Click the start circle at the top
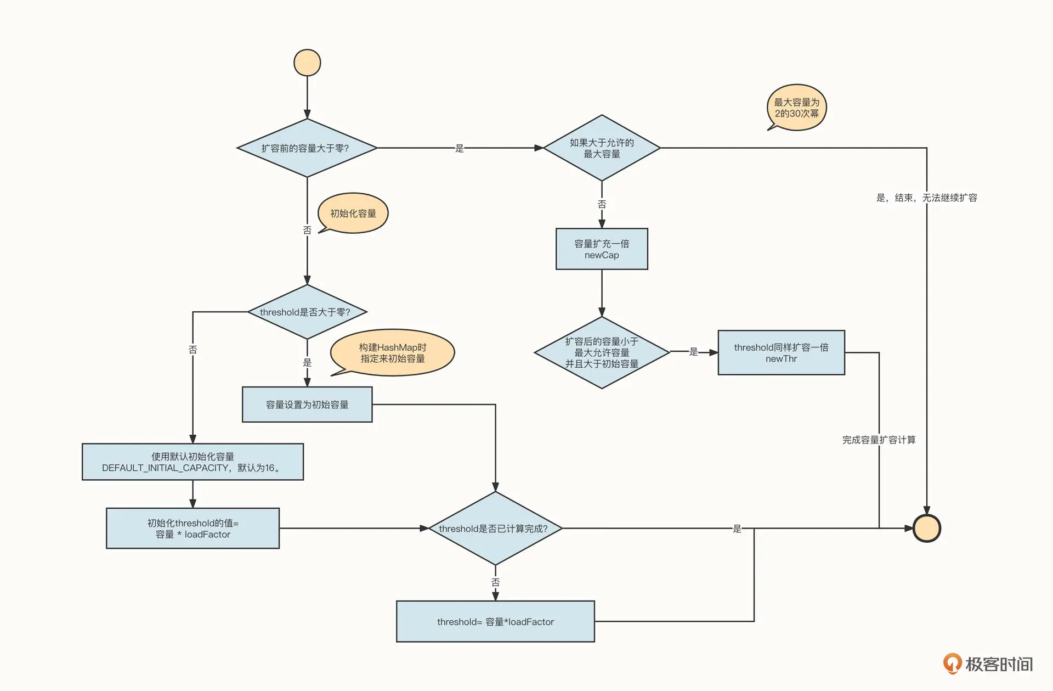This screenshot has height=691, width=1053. point(307,63)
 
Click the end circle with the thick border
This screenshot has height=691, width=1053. point(926,528)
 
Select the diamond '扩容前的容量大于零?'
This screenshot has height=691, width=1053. point(307,148)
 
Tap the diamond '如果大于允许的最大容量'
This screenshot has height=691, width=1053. point(602,148)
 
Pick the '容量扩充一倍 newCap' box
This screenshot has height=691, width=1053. point(602,249)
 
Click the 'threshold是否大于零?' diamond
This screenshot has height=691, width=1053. point(307,312)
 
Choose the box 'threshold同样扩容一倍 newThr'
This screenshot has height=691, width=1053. point(781,353)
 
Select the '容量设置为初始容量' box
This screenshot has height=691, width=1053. point(307,405)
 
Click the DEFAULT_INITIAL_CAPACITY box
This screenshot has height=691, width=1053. point(193,462)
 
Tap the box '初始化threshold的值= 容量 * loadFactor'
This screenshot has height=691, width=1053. point(193,529)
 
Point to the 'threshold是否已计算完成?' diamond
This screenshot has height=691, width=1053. point(495,529)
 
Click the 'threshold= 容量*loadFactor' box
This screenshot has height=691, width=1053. point(495,622)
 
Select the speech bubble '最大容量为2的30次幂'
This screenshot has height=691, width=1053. point(796,108)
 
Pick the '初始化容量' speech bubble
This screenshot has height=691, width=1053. point(353,214)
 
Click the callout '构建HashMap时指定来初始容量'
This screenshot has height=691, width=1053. point(393,353)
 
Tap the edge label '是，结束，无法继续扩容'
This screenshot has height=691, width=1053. point(926,198)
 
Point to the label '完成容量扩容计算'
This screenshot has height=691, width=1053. point(879,440)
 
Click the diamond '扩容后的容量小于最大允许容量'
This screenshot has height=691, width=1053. point(602,353)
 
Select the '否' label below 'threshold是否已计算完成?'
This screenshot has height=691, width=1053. point(495,582)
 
